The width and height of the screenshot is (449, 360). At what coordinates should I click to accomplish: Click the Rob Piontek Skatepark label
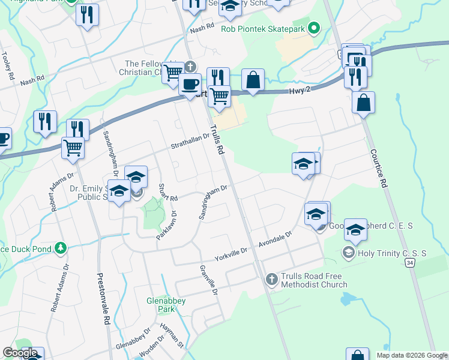click(263, 28)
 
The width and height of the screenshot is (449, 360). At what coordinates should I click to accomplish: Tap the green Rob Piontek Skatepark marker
click(312, 28)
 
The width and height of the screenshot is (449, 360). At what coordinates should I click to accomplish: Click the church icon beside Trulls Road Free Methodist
click(271, 279)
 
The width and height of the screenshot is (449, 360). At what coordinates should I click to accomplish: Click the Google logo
click(20, 353)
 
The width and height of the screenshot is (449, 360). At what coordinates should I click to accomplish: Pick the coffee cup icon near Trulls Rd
click(190, 83)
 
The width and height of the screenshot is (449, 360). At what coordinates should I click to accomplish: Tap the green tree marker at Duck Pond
click(60, 248)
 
